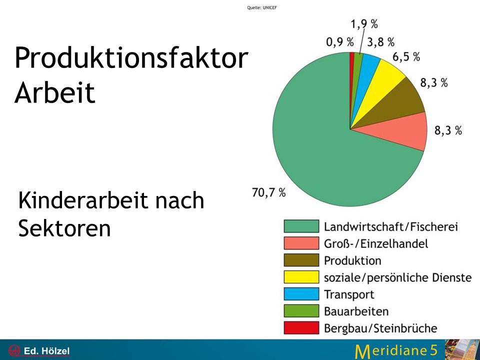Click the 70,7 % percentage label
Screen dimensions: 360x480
(x=269, y=192)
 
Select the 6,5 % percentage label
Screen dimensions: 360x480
(x=406, y=57)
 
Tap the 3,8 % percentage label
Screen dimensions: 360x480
(x=381, y=41)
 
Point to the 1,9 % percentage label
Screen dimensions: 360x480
(x=364, y=23)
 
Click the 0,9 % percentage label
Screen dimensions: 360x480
(x=340, y=41)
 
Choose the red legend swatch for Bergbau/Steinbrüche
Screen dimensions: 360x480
(x=301, y=328)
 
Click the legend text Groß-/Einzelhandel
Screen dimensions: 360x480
(x=376, y=243)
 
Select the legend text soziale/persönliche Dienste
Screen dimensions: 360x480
(x=397, y=277)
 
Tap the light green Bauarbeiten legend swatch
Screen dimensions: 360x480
(x=301, y=311)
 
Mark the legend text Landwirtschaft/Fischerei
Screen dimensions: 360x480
(x=391, y=226)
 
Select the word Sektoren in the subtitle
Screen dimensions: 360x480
(x=64, y=228)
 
